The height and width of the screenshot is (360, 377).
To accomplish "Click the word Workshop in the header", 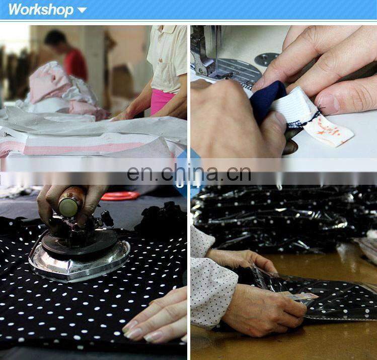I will (40, 10).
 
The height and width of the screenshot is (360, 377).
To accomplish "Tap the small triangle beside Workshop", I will (82, 10).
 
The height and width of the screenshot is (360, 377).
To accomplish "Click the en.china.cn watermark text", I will (189, 173).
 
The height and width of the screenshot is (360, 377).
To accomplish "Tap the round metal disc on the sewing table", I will (266, 59).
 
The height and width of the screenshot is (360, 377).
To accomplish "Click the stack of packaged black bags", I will (282, 217).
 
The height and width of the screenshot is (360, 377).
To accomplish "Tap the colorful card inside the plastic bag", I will (301, 297).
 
